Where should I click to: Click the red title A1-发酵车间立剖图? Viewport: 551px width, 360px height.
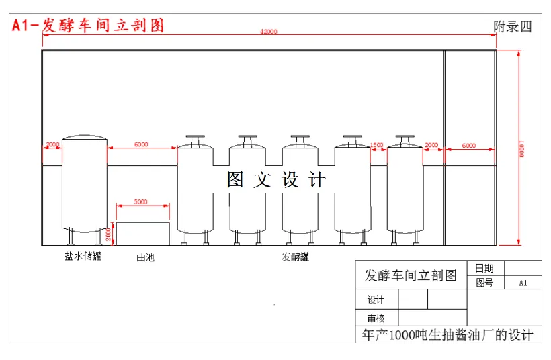[x=88, y=26]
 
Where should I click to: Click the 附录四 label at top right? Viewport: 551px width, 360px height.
[x=513, y=27]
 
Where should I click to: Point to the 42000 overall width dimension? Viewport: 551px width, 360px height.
[x=269, y=32]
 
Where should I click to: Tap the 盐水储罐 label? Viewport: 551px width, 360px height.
[x=83, y=256]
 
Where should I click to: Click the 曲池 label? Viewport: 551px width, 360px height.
[x=145, y=257]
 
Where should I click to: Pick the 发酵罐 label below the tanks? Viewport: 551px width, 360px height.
[x=296, y=257]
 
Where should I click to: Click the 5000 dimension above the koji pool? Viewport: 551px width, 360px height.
[x=141, y=201]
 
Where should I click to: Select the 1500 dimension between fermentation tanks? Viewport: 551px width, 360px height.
[x=377, y=145]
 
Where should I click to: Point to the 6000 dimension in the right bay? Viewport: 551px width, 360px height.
[x=469, y=145]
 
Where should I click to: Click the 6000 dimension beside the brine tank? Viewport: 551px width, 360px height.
[x=141, y=144]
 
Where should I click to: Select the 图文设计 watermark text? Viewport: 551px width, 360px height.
[x=276, y=180]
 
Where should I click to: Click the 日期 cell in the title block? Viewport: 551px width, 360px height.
[x=484, y=269]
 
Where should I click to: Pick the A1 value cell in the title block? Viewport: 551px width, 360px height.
[x=523, y=283]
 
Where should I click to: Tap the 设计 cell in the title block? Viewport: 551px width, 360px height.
[x=376, y=300]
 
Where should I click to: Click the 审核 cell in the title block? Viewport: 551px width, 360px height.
[x=376, y=318]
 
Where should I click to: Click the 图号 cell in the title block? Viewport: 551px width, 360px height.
[x=484, y=283]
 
